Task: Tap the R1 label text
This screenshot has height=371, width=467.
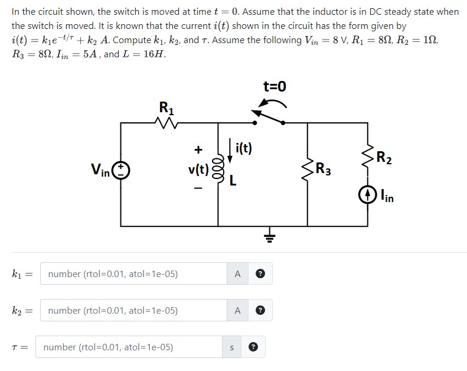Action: [166, 108]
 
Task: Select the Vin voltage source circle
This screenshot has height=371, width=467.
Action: [122, 171]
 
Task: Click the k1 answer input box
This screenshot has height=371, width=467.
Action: [133, 274]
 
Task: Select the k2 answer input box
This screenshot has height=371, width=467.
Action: [133, 310]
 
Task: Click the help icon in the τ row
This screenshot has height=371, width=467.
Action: [254, 347]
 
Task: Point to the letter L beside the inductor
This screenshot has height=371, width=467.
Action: [233, 182]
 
